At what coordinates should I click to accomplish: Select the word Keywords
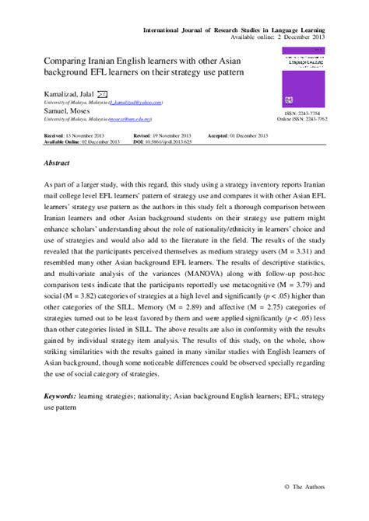(x=65, y=395)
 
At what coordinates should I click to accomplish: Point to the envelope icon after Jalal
(x=112, y=93)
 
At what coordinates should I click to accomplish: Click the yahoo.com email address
(x=135, y=102)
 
